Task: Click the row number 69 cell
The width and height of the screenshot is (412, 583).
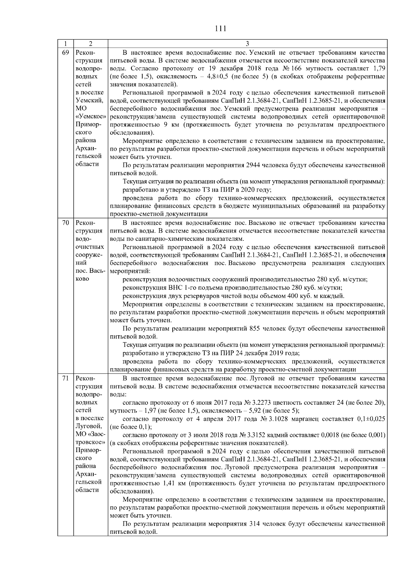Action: [x=65, y=53]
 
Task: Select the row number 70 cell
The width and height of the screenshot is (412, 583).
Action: [x=65, y=223]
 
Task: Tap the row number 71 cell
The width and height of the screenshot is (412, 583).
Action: [x=65, y=378]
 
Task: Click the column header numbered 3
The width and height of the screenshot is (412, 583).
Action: [x=247, y=44]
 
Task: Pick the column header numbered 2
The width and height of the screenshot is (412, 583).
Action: [x=90, y=44]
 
